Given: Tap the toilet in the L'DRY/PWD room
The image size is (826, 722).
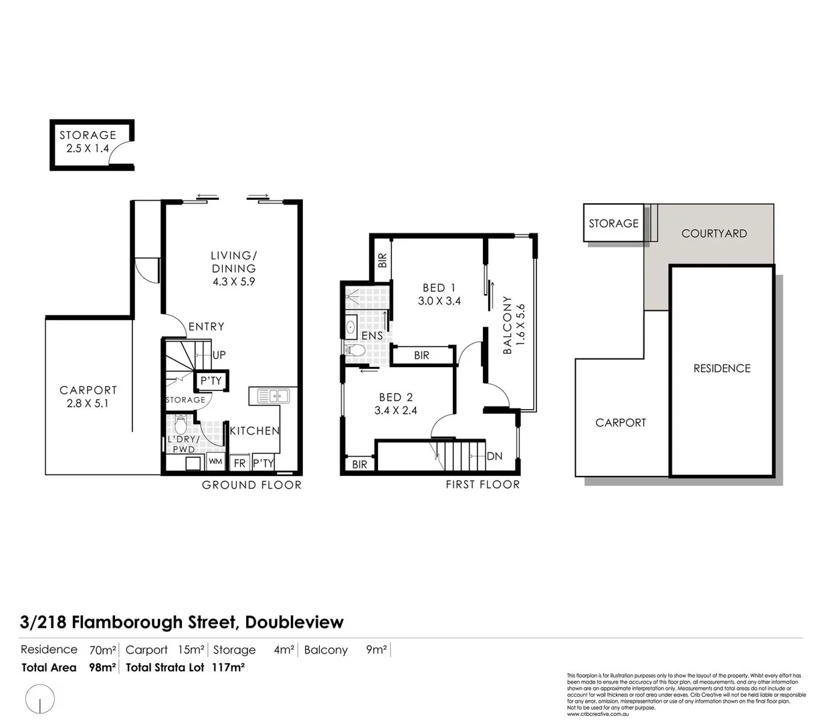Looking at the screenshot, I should point(180,424).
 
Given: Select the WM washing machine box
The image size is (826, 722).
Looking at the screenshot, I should point(215,461).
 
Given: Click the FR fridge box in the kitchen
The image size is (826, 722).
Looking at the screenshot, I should point(239,463).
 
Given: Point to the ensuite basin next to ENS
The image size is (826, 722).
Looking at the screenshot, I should point(350,327).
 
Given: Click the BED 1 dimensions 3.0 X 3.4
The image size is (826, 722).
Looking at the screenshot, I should point(439,301).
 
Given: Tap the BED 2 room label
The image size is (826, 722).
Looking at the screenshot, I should point(396,397).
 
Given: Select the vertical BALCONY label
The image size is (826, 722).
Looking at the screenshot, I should point(508,325).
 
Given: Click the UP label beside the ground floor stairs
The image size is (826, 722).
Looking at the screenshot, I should point(219,355).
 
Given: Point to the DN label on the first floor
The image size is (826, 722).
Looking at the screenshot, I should point(494,456).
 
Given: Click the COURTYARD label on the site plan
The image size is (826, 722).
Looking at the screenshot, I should point(714,233).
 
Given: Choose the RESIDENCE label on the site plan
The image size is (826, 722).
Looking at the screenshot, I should point(722,368).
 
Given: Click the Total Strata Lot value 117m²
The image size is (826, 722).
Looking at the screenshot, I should point(227,667).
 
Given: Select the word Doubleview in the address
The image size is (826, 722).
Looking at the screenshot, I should point(294,622).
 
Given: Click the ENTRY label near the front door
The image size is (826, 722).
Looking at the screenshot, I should point(206,326).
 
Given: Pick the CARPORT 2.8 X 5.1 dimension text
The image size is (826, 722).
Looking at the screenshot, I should point(87,403).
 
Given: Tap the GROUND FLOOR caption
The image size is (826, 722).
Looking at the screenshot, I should point(251,485).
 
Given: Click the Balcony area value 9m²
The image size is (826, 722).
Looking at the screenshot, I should point(376,649).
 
